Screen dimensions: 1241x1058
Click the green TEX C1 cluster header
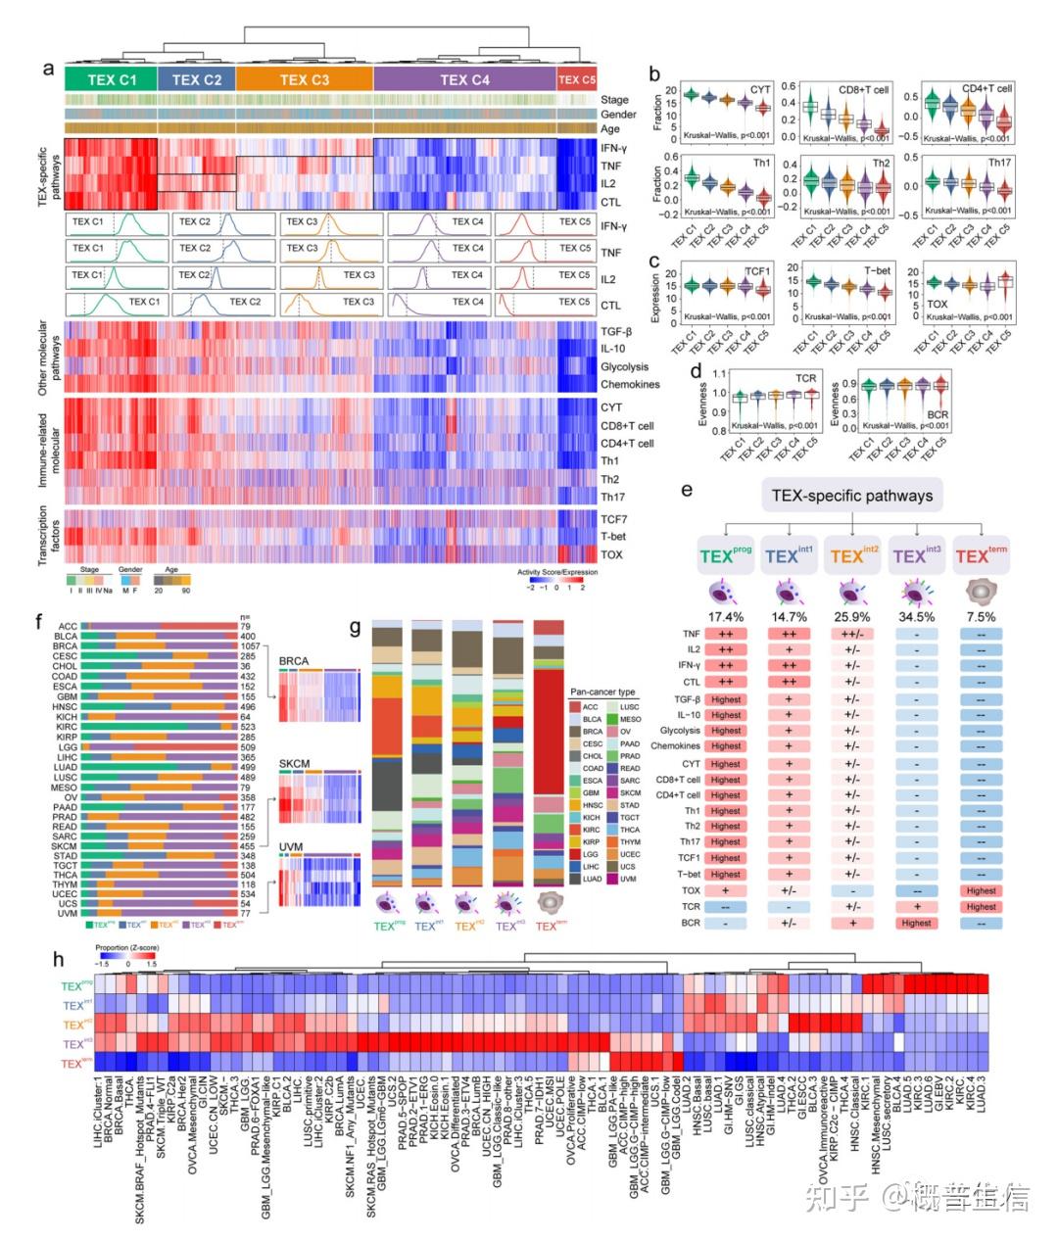point(110,80)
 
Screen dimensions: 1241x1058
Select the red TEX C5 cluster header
point(576,80)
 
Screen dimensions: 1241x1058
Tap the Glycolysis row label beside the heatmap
point(624,367)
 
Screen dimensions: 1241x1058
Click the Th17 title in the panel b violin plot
point(999,163)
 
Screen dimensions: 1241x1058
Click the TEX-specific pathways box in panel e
point(850,496)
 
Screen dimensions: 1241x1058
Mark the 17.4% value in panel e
point(726,617)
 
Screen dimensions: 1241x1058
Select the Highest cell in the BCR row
point(916,923)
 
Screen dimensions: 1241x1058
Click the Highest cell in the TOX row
point(981,891)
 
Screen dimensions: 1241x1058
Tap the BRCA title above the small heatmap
point(294,662)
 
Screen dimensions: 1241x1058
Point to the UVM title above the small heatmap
point(291,846)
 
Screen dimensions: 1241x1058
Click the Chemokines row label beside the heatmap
point(629,385)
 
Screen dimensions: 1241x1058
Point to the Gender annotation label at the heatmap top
point(618,115)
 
